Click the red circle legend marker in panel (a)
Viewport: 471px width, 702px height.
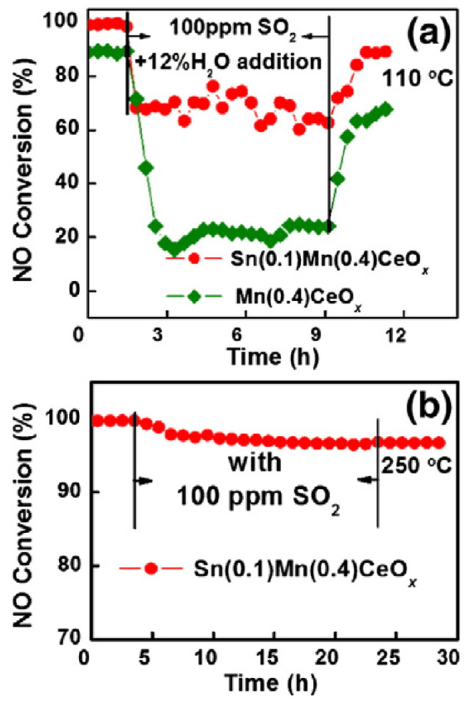[194, 258]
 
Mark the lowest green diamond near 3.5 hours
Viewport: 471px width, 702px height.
[175, 249]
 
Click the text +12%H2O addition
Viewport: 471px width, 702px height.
[228, 62]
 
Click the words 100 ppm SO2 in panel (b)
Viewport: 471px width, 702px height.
[259, 497]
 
